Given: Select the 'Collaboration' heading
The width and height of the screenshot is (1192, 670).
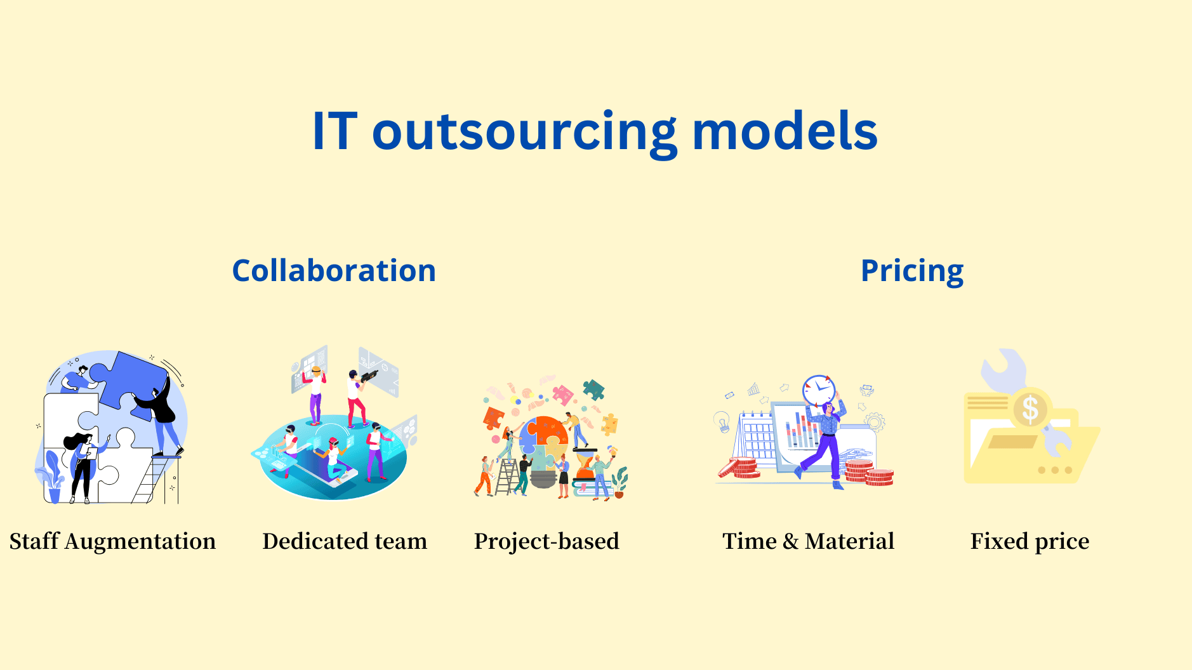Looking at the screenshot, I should pos(334,271).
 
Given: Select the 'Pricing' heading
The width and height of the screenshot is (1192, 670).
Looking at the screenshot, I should pos(911,271).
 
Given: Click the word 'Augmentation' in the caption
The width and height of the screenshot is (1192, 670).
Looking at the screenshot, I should pos(140,541).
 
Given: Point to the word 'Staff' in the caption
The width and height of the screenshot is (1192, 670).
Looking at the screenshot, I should pos(34,541).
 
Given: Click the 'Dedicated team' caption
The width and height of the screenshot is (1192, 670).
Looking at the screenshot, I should pos(345,541).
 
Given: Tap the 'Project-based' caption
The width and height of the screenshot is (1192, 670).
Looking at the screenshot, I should pos(546,541).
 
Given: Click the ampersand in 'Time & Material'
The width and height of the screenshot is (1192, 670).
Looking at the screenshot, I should pos(790,541).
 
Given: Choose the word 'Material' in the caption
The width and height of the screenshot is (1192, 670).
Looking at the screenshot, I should pos(849,541).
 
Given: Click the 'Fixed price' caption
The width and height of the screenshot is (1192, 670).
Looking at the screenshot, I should pos(1030,541).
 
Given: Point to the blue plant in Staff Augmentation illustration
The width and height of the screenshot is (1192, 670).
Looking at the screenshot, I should pos(51,473).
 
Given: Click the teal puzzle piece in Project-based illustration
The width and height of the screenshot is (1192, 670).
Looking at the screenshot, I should pos(593,389).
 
